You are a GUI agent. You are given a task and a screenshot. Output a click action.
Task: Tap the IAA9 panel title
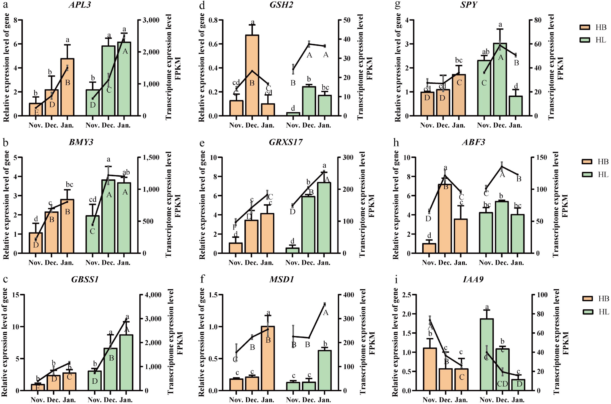(473, 280)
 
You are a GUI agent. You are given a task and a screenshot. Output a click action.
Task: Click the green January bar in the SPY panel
(516, 106)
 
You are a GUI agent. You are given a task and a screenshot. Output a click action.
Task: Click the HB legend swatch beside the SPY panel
(585, 27)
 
